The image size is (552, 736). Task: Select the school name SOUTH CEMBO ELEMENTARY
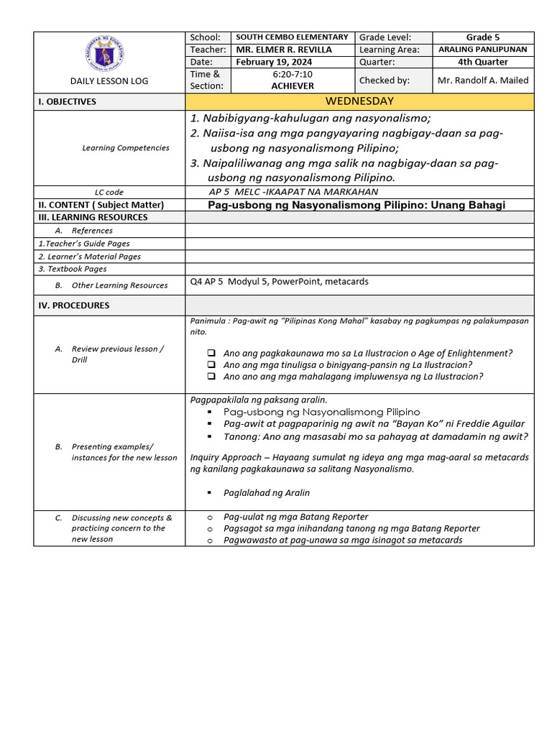292,37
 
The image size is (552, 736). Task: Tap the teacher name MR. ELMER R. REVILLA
284,50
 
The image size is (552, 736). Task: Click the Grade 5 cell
482,37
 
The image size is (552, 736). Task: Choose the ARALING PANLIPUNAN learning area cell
482,50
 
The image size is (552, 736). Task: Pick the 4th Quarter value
482,62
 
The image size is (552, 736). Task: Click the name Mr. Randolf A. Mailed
482,80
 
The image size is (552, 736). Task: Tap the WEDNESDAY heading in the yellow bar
359,101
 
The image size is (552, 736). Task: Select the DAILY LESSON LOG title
109,81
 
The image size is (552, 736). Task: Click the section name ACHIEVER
293,86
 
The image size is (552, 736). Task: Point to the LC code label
109,193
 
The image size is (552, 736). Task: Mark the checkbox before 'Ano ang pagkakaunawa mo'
211,354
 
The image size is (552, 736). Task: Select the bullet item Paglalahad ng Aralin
267,493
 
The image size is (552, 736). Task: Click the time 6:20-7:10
293,74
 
